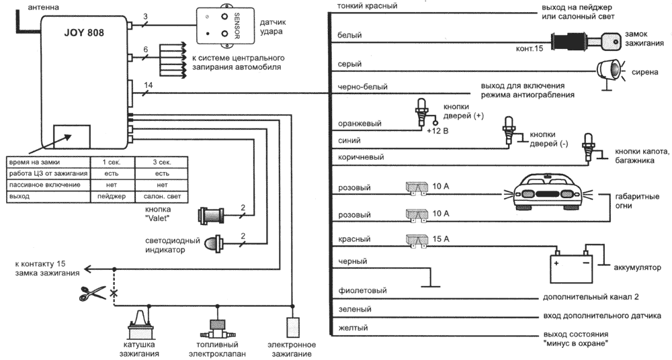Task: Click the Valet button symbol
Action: (212, 215)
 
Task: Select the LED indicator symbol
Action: (214, 243)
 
